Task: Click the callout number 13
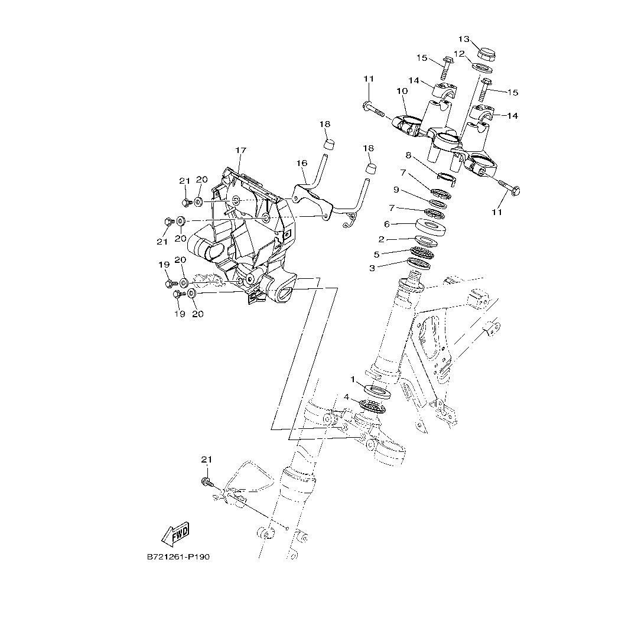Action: point(464,39)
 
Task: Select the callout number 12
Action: point(459,54)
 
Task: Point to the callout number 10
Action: point(402,92)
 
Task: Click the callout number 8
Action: point(408,155)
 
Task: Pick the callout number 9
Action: point(396,189)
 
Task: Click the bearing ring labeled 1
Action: point(379,390)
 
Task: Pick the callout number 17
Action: point(240,150)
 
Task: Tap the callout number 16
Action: point(302,162)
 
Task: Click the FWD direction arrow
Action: point(175,535)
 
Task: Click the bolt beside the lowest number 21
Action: point(206,481)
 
